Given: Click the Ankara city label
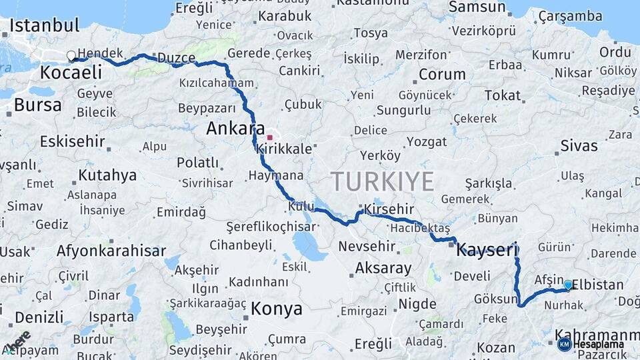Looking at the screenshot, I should [235, 129].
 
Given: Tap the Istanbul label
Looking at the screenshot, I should [44, 26].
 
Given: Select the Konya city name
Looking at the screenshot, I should [277, 309].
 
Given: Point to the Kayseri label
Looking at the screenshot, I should [487, 251].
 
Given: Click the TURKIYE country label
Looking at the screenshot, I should [383, 181].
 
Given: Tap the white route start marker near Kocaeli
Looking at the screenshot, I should [71, 56].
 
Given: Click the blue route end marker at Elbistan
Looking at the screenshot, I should [568, 285].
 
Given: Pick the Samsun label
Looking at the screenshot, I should [477, 7].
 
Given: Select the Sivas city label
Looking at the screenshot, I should [579, 146].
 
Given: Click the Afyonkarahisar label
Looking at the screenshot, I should [111, 251].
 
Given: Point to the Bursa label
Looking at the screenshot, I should [37, 105].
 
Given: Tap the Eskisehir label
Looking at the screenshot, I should [73, 141].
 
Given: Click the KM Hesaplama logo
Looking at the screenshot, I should [591, 344].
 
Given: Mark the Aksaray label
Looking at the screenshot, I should [383, 268].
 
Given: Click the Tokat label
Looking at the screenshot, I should [502, 95].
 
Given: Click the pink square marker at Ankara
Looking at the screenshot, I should [269, 137].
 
